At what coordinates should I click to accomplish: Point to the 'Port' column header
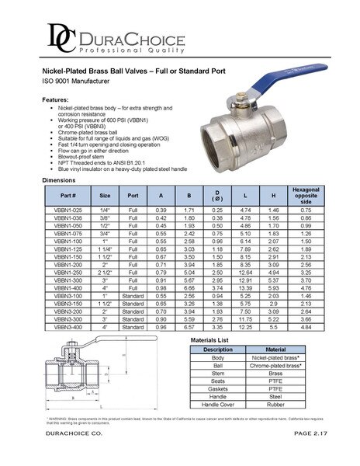point(133,195)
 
